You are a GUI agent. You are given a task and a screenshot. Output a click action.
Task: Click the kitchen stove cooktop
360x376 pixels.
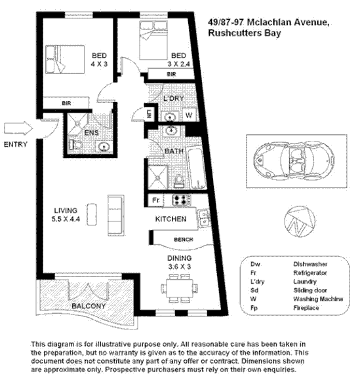(180, 200)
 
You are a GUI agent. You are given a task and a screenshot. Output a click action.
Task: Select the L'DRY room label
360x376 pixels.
(173, 98)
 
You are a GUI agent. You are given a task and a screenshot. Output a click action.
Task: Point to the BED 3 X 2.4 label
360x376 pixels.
(178, 60)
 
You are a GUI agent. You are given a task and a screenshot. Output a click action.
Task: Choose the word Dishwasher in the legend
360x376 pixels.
(311, 263)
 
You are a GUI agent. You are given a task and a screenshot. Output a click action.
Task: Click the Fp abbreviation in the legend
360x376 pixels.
(255, 306)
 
